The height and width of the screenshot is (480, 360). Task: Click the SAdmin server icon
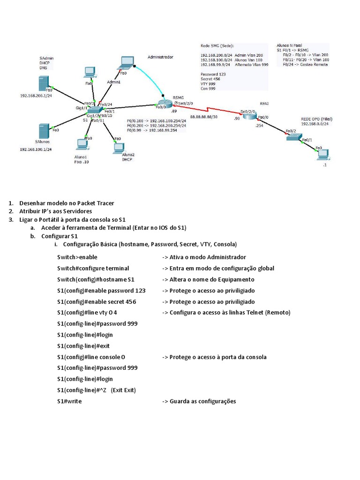(45, 84)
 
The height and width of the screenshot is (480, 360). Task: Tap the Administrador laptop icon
(127, 63)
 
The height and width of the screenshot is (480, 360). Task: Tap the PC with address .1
(323, 154)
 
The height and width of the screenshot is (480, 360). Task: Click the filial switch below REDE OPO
(294, 136)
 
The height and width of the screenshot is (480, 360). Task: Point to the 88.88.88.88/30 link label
(203, 116)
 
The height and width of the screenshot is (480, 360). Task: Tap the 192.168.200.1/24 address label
(35, 95)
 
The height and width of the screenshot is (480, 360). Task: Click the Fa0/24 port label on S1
(106, 104)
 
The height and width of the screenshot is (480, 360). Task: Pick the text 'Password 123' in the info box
(213, 75)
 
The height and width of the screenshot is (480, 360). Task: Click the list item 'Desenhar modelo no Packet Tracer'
(67, 203)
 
